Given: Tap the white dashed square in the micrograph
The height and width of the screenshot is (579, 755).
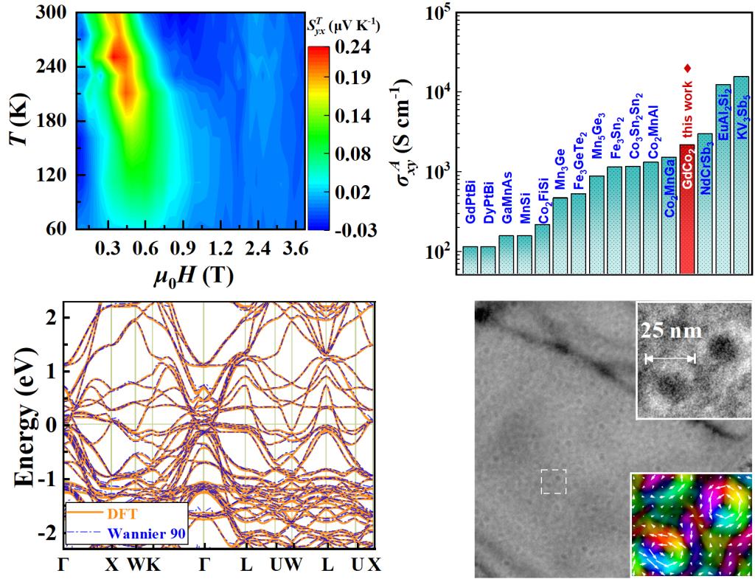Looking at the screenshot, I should (553, 482).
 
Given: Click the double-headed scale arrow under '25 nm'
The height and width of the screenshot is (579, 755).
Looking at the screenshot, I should (670, 359).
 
